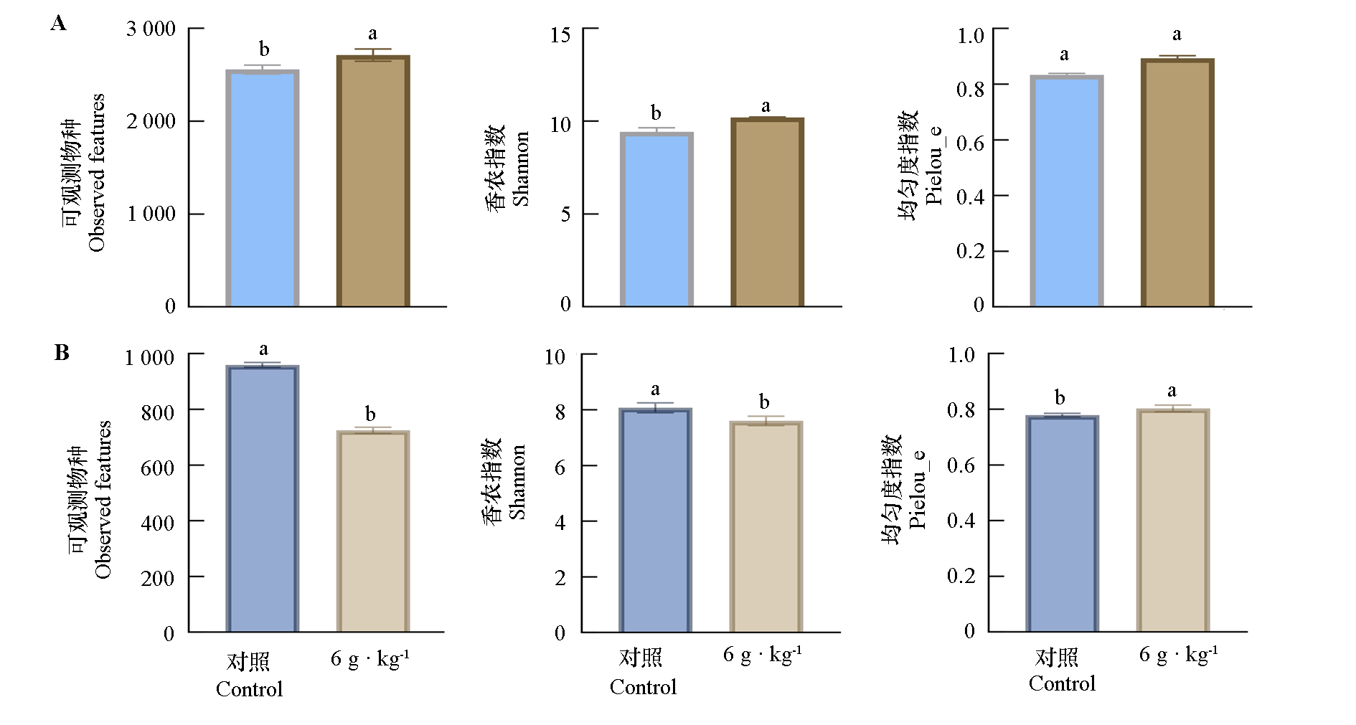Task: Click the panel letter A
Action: tap(59, 24)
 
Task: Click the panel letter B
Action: tap(62, 353)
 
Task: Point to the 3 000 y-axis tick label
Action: tap(151, 29)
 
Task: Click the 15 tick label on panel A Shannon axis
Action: tap(560, 35)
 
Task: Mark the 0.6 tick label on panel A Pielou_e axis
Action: tap(970, 142)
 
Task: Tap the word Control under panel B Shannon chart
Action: tap(643, 687)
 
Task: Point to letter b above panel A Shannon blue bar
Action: tap(656, 113)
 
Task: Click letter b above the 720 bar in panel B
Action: tap(370, 414)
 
